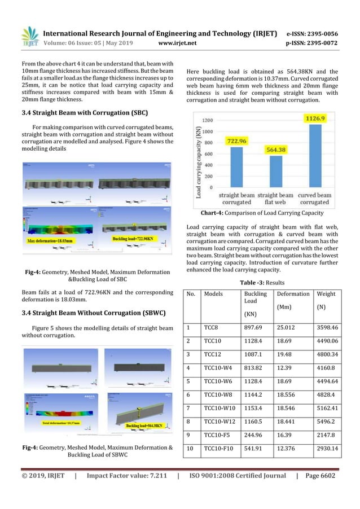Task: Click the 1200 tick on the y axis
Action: pos(208,120)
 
